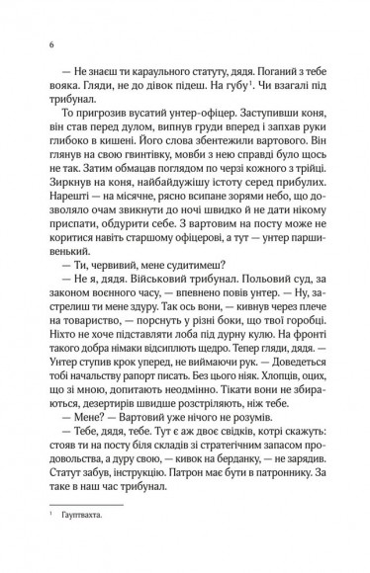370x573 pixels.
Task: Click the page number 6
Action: pyautogui.click(x=49, y=44)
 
